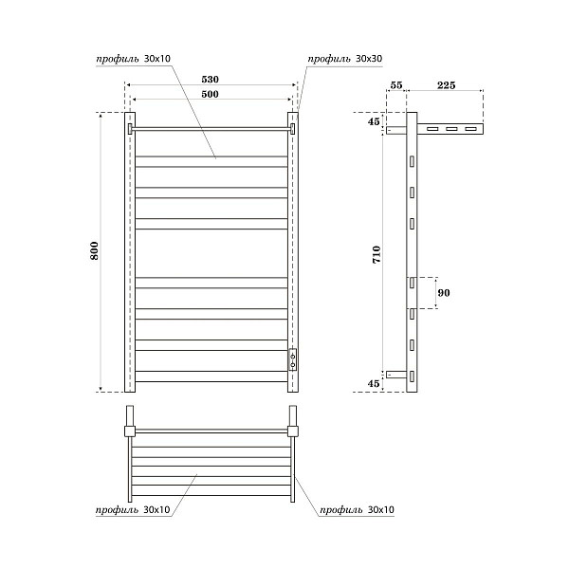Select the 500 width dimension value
pos(211,95)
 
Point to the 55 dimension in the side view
pos(396,85)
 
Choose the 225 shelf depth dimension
pos(446,85)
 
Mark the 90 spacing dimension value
pos(443,293)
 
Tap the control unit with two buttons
pos(293,358)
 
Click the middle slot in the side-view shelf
pos(452,129)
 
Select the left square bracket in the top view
pos(128,431)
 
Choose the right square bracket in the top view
pos(293,431)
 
